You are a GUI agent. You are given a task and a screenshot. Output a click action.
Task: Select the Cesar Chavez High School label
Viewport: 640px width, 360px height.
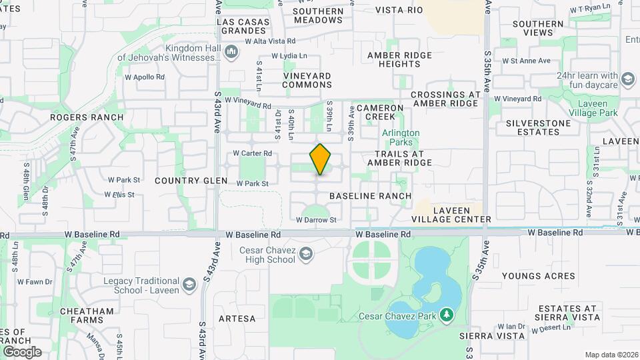[x=267, y=255]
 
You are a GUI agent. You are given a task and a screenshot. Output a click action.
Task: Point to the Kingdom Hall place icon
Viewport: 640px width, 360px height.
[x=231, y=51]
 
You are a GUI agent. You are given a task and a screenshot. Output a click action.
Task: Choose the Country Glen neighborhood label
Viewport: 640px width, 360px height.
[x=187, y=181]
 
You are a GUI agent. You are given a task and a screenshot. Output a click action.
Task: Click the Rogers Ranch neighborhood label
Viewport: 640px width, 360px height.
[x=87, y=117]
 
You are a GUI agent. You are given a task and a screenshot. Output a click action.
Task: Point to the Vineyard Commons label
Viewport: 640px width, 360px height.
[x=307, y=80]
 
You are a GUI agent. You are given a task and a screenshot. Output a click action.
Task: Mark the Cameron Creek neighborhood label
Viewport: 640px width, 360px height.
[x=380, y=112]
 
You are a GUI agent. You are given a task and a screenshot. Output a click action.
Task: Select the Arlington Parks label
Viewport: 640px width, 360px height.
[x=401, y=137]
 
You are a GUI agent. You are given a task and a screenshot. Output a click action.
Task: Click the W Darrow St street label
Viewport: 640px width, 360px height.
[x=316, y=219]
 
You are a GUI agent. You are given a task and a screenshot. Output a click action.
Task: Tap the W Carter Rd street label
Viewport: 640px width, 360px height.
[x=252, y=153]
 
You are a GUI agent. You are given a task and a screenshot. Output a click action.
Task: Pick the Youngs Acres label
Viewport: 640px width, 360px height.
[x=538, y=276]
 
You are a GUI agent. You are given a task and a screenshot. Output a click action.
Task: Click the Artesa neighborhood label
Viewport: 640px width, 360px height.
[x=237, y=319]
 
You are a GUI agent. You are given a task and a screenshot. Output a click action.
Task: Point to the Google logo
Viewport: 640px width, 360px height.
[x=21, y=351]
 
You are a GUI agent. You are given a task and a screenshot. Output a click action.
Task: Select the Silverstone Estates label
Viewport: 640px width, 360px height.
[x=538, y=127]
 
